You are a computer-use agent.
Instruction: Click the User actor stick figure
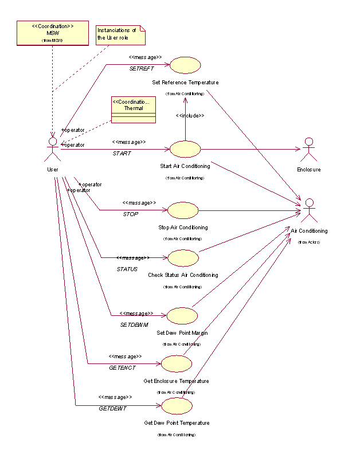pos(52,149)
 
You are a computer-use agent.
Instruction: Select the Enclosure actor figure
pos(308,150)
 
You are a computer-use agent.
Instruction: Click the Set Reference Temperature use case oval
pos(185,65)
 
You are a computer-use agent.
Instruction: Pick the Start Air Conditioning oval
pos(185,149)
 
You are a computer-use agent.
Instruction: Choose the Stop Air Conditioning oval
pos(183,210)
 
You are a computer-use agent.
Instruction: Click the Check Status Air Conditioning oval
pos(183,258)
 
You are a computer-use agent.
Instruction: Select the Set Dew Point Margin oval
pos(182,315)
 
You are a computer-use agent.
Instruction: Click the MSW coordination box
pos(52,33)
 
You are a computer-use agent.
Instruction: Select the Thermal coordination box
pos(133,109)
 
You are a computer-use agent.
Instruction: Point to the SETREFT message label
pos(141,69)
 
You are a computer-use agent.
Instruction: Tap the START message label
pos(122,154)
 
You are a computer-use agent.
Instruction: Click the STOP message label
pos(131,214)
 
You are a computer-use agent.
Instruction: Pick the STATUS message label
pos(127,269)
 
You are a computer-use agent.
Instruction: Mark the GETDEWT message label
pos(112,408)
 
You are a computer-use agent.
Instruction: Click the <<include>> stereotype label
pos(190,116)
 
